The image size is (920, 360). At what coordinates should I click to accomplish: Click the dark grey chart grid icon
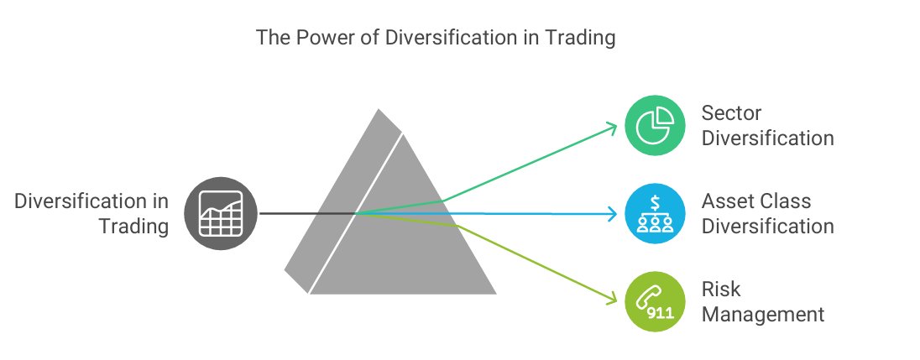pos(220,214)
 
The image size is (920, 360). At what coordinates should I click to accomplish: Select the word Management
pos(763,315)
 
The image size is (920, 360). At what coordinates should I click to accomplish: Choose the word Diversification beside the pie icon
pos(768,137)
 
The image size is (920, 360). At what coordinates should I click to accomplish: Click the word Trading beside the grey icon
pos(134,226)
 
